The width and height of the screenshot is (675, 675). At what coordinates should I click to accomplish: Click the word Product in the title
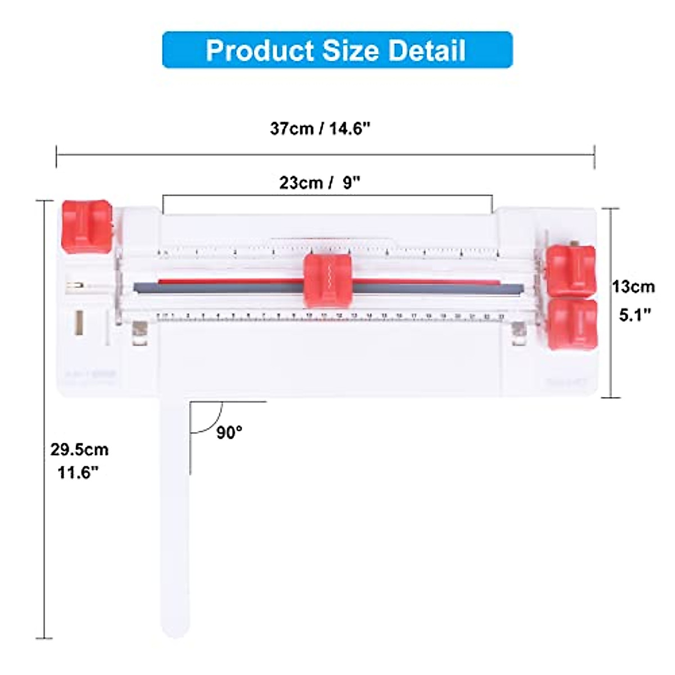point(259,50)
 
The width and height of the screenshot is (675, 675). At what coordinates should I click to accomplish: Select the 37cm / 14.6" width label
point(320,128)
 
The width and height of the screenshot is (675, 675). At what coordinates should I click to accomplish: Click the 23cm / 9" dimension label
point(320,183)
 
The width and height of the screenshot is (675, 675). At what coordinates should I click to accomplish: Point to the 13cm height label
point(634,286)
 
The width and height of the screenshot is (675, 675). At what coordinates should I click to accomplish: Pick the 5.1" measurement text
point(635,314)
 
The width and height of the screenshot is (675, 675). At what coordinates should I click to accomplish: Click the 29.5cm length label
point(79,449)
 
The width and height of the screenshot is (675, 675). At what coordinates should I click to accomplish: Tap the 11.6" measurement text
point(78,472)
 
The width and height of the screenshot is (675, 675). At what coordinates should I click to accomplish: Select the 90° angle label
point(229,432)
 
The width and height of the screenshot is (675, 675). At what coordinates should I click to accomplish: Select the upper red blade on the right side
point(571,269)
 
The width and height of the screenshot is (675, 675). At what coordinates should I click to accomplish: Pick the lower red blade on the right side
point(572,323)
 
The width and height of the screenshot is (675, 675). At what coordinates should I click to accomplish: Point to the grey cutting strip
point(225,288)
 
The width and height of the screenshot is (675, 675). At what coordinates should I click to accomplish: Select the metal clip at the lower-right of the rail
point(517,334)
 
